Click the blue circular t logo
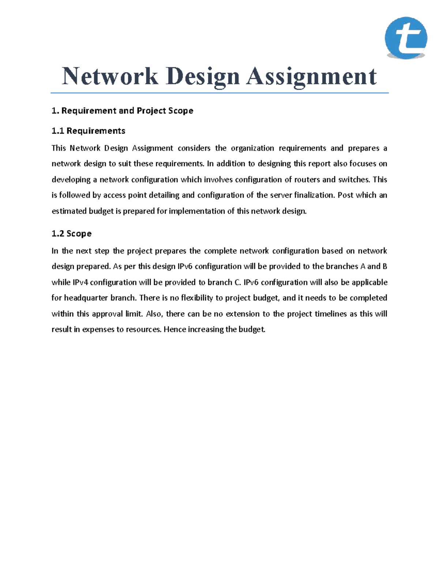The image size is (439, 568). [406, 38]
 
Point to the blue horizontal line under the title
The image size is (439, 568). [219, 93]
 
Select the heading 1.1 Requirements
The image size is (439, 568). [88, 131]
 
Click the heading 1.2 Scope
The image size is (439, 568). [71, 234]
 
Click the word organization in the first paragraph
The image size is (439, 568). [252, 148]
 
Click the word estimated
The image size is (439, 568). [69, 211]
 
